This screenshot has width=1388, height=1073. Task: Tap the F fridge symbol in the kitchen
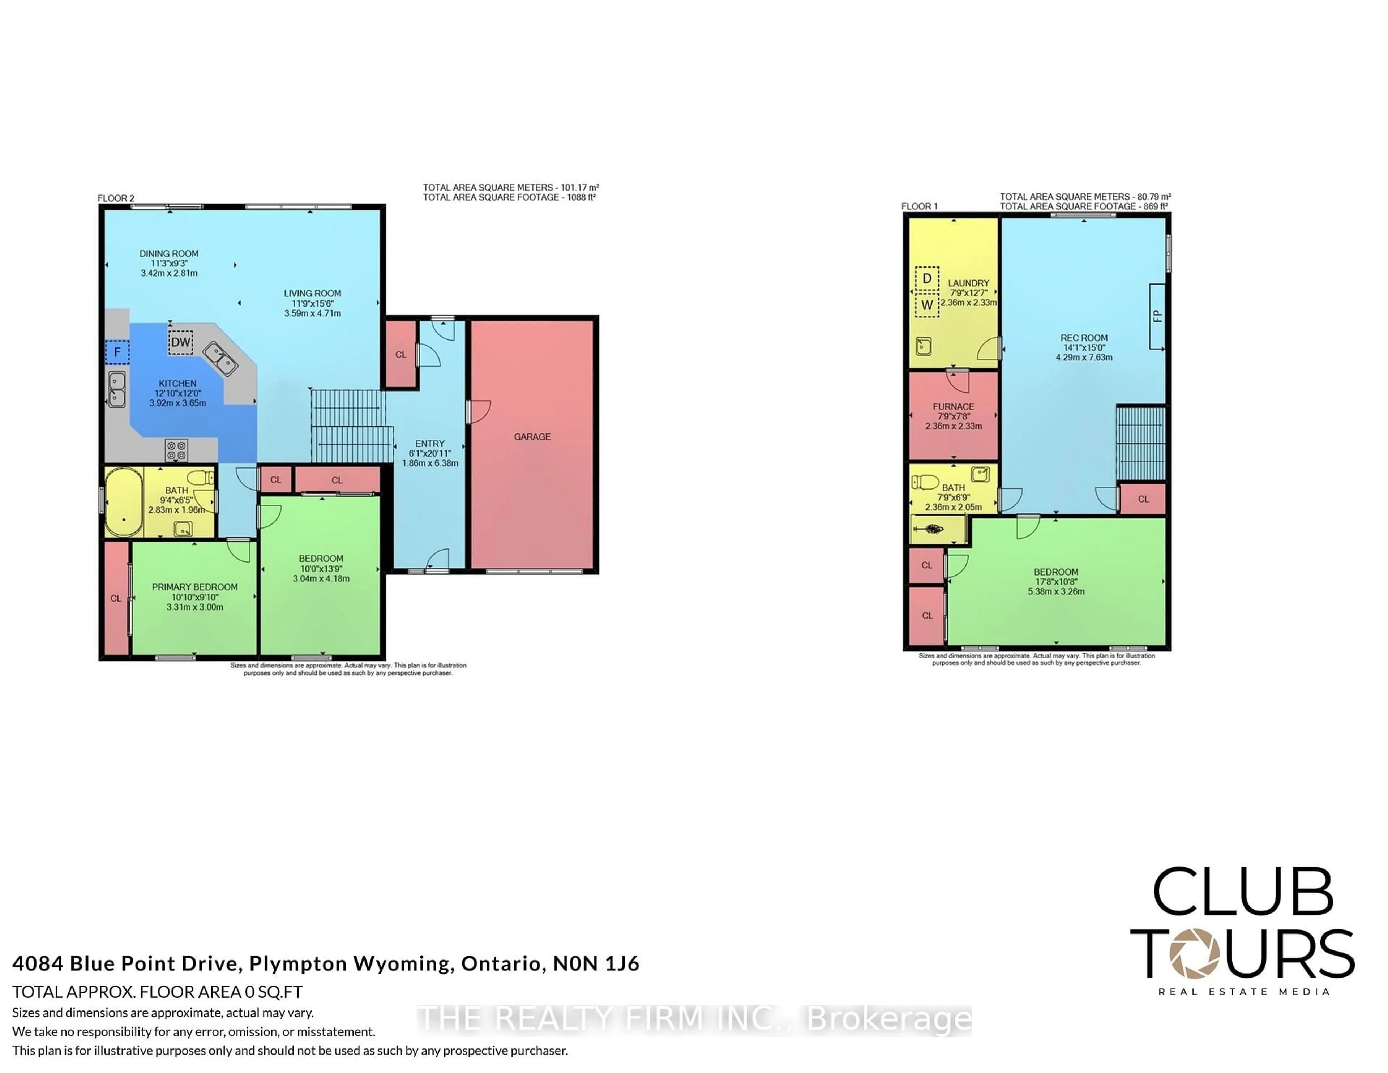(117, 352)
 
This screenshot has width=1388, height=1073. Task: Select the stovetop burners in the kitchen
(176, 451)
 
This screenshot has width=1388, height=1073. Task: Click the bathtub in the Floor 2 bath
(123, 502)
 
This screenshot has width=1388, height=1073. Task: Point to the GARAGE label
(532, 437)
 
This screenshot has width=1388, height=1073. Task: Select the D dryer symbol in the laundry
(927, 278)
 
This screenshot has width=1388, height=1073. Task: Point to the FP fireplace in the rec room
(1157, 316)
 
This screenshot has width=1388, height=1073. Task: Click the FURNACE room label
(953, 406)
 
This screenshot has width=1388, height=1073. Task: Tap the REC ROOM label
(1084, 338)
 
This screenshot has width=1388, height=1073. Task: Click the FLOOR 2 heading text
(116, 198)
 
